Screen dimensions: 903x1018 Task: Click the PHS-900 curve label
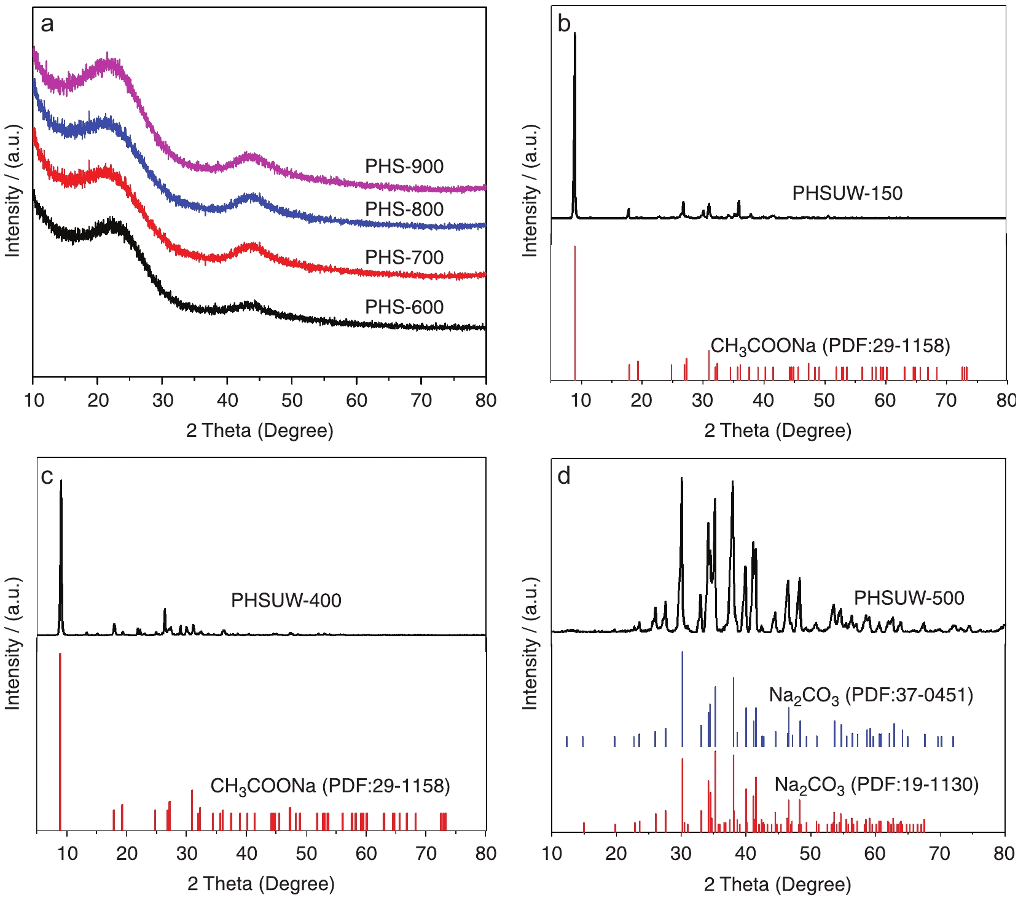coord(404,167)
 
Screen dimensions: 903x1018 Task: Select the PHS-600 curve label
coord(404,307)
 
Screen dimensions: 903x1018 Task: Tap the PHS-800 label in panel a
coord(404,210)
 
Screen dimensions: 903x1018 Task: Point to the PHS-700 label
coord(404,258)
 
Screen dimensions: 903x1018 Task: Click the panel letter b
coord(564,24)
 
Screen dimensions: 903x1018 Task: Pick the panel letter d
coord(564,476)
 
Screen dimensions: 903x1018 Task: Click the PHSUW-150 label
coord(847,194)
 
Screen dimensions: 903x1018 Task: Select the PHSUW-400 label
coord(286,601)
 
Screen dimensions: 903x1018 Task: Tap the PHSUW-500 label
coord(909,598)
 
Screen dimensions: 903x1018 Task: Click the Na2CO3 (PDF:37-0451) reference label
coord(871,696)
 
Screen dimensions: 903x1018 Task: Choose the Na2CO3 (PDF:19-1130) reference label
coord(876,785)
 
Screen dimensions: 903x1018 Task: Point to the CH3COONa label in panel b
coord(830,346)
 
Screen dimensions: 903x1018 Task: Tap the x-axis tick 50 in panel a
coord(292,401)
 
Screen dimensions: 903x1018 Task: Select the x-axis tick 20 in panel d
coord(616,854)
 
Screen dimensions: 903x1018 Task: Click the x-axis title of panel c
coord(261,884)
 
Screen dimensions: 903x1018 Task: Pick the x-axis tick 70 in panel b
coord(946,401)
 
